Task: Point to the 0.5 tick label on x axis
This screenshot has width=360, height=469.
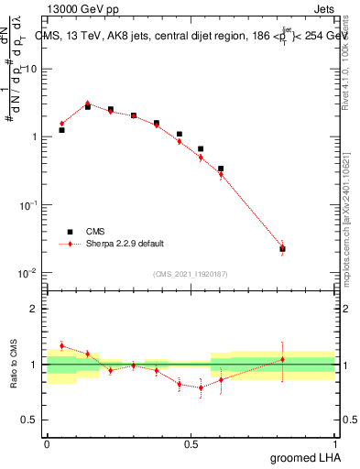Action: pyautogui.click(x=191, y=442)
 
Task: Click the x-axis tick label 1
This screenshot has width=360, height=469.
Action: pyautogui.click(x=335, y=442)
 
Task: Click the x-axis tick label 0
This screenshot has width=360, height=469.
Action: pyautogui.click(x=47, y=442)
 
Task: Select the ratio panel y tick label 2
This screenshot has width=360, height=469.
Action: pyautogui.click(x=33, y=310)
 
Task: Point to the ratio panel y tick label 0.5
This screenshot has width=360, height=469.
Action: pyautogui.click(x=28, y=420)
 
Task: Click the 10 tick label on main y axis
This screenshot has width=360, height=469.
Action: pyautogui.click(x=28, y=69)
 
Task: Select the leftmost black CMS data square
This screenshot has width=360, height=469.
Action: pyautogui.click(x=61, y=130)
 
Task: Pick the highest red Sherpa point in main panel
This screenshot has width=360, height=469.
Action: pyautogui.click(x=88, y=104)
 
